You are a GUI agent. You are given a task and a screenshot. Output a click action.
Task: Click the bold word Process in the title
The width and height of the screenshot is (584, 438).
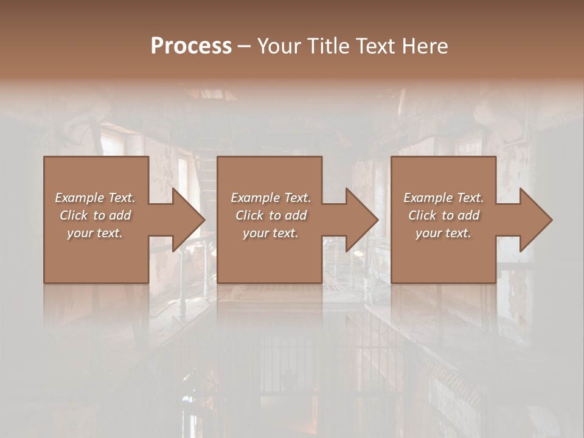(x=191, y=46)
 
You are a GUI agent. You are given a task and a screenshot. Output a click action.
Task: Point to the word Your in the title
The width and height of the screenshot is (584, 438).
(x=280, y=46)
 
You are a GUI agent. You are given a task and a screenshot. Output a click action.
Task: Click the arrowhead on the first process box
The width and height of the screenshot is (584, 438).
(x=189, y=220)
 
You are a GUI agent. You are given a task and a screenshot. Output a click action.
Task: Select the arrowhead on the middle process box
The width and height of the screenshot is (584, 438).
(x=362, y=220)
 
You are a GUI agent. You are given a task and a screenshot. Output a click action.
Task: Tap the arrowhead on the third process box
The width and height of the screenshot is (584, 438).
(x=536, y=220)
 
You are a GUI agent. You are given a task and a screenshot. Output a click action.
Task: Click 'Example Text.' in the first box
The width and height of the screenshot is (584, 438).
(x=95, y=198)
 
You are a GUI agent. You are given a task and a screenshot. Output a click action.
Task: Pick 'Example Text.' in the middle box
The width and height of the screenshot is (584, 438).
(x=271, y=198)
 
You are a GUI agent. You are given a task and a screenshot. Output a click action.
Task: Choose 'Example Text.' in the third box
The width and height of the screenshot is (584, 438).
(x=443, y=198)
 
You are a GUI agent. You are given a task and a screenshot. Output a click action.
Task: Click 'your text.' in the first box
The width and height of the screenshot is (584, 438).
(x=95, y=233)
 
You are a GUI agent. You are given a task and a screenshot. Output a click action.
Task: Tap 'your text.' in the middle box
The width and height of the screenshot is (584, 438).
(x=271, y=233)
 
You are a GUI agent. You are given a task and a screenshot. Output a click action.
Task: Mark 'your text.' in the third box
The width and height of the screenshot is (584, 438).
(x=443, y=233)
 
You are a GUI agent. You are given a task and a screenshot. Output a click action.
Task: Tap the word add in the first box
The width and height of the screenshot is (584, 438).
(x=121, y=215)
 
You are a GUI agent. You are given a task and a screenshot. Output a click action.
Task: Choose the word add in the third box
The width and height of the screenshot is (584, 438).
(x=470, y=215)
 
